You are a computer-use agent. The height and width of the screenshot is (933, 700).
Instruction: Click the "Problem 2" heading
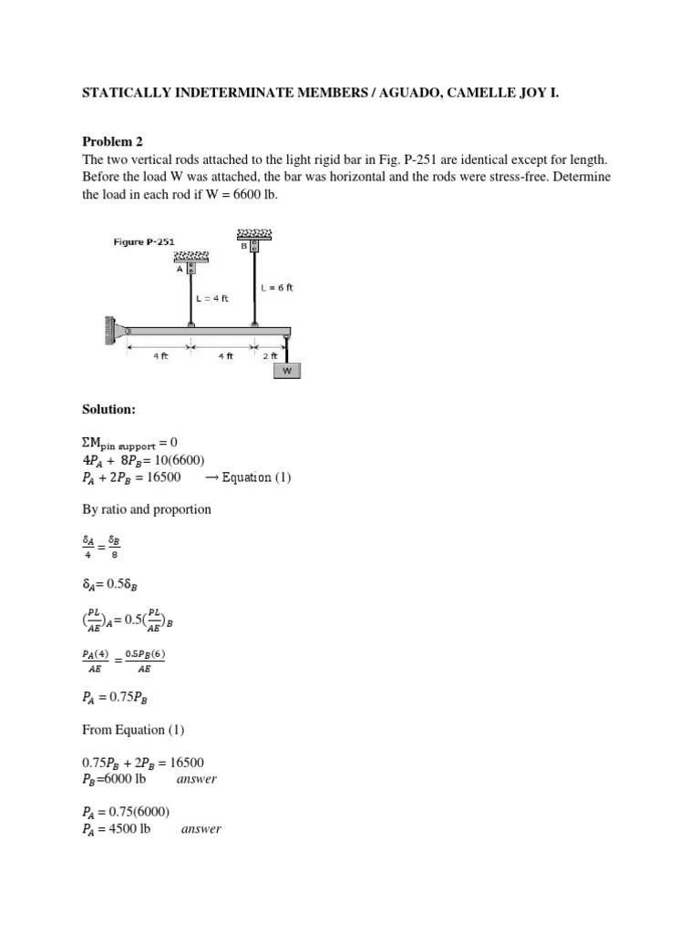pyautogui.click(x=113, y=141)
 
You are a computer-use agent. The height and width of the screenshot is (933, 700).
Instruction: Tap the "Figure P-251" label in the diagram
pyautogui.click(x=144, y=241)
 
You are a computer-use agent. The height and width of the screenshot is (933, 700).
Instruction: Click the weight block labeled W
pyautogui.click(x=288, y=371)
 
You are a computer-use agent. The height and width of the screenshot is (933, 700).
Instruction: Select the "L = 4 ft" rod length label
pyautogui.click(x=211, y=298)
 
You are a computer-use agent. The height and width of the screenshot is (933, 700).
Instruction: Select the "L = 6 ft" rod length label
pyautogui.click(x=277, y=287)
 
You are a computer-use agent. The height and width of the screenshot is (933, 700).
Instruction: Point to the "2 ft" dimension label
pyautogui.click(x=272, y=356)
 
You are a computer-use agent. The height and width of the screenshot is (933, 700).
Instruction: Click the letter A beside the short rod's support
pyautogui.click(x=180, y=269)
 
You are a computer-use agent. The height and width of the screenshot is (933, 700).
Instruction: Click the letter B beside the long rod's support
pyautogui.click(x=244, y=245)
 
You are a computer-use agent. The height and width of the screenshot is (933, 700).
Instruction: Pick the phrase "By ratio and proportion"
pyautogui.click(x=147, y=509)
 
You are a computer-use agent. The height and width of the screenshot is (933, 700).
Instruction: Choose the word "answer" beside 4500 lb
pyautogui.click(x=201, y=829)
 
